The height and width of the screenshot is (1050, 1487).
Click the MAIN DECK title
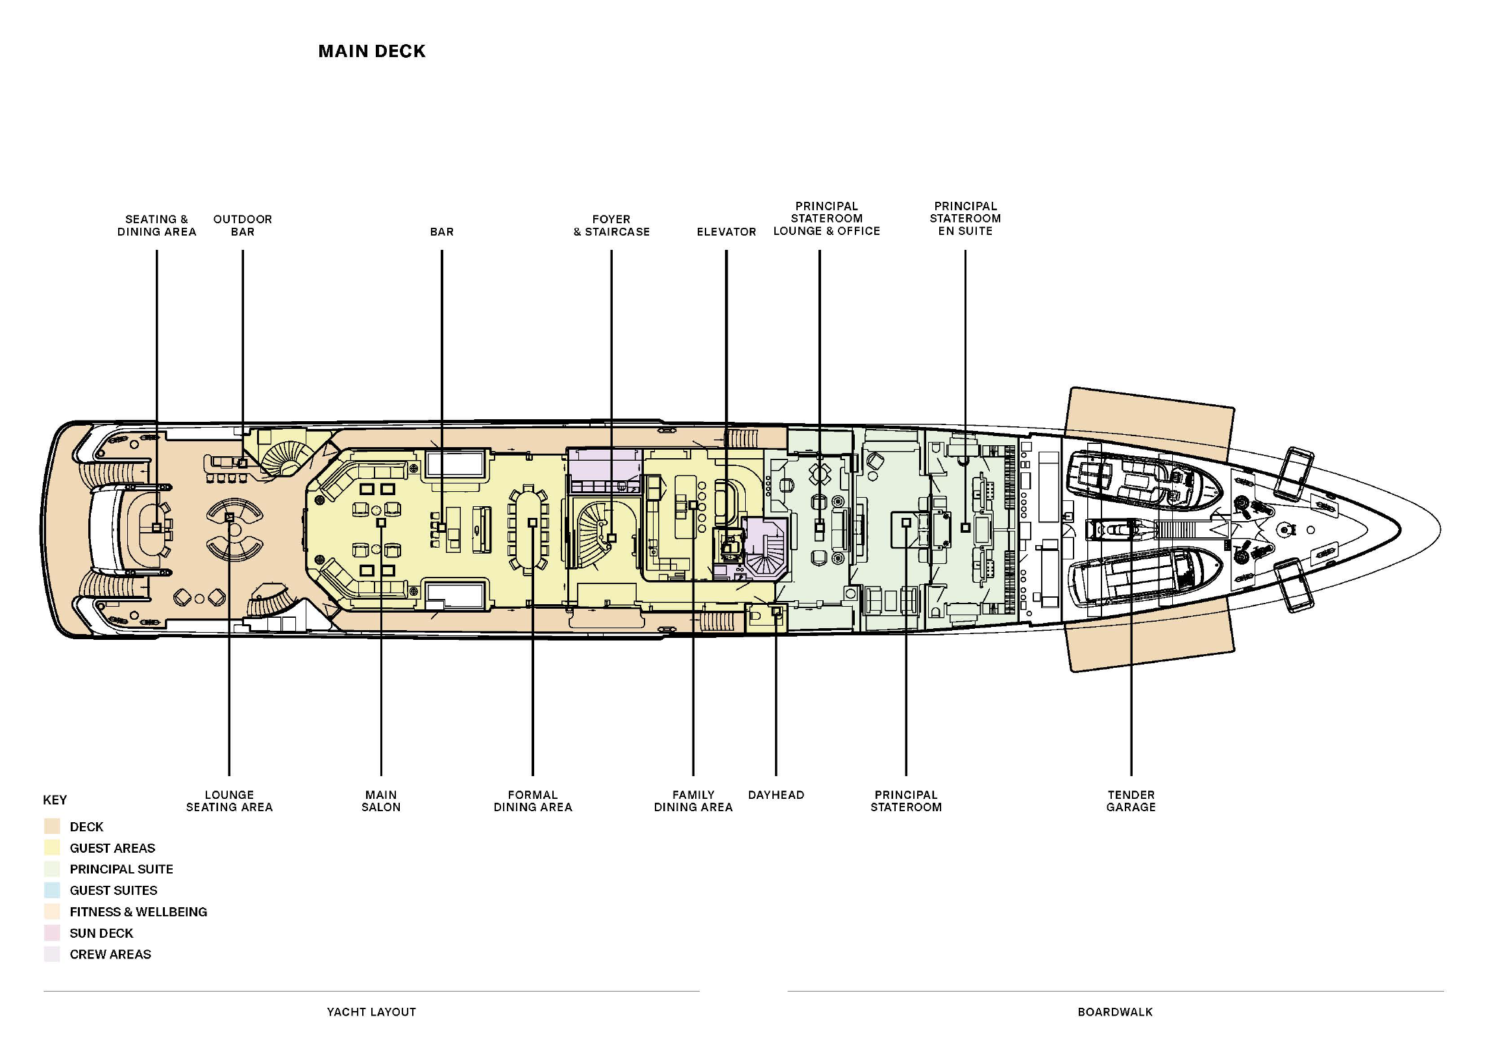(372, 51)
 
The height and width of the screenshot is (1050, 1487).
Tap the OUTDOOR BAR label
(243, 225)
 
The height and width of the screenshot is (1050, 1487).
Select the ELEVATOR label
(726, 232)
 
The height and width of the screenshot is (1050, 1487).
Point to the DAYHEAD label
(776, 795)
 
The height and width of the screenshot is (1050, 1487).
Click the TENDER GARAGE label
(1131, 801)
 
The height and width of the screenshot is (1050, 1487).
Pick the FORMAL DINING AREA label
(533, 801)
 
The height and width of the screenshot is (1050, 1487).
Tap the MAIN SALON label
(381, 801)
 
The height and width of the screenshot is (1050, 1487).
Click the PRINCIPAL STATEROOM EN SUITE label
(965, 219)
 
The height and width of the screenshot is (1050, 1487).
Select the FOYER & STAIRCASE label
(611, 225)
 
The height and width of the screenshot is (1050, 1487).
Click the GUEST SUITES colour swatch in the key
(52, 890)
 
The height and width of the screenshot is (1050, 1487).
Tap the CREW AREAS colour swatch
(52, 954)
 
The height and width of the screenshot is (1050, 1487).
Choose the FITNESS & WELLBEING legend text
(138, 912)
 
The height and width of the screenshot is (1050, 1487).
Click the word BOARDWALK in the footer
(1115, 1012)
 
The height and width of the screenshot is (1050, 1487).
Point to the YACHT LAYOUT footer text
(371, 1012)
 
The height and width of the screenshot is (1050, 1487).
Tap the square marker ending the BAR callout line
(442, 527)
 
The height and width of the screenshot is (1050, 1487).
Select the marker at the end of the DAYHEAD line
(776, 611)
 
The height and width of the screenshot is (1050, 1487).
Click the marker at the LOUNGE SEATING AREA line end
(229, 517)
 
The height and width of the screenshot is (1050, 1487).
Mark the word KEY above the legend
(55, 800)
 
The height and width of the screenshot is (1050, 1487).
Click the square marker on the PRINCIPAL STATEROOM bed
(906, 522)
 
